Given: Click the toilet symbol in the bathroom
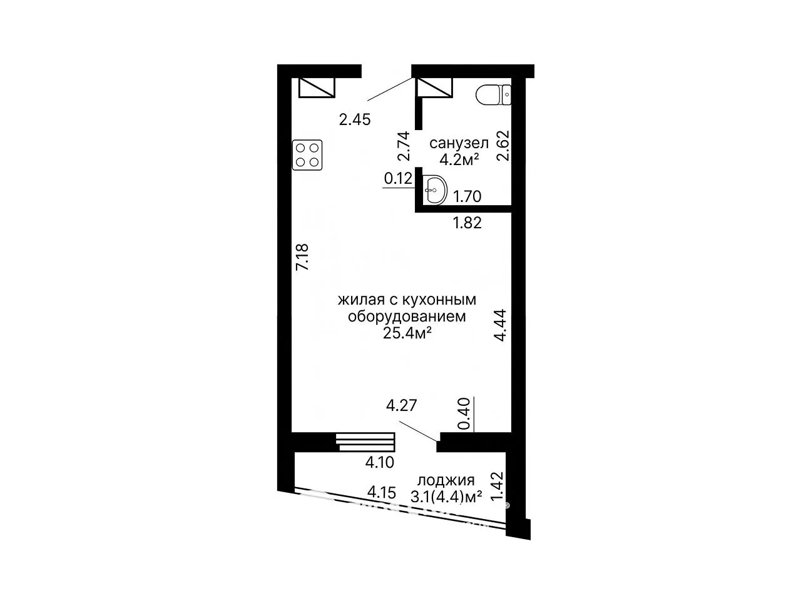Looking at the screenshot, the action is click(493, 95).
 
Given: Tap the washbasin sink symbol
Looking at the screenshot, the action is click(435, 189).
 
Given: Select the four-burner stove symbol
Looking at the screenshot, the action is click(307, 155).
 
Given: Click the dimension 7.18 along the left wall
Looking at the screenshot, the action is click(302, 257).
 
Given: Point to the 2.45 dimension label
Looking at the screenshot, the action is click(355, 119).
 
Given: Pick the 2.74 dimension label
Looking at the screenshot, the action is click(404, 146).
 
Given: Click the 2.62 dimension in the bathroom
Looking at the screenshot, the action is click(503, 146).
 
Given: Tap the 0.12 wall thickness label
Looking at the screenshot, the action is click(398, 178).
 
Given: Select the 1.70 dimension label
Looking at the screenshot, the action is click(467, 196).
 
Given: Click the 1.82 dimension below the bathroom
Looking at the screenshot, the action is click(467, 223).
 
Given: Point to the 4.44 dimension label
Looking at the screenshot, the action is click(500, 325).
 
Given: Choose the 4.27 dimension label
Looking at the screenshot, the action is click(401, 405).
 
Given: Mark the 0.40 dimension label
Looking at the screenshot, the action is click(464, 413).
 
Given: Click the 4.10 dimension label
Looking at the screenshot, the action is click(380, 462).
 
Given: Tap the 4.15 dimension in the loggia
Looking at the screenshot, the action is click(381, 493).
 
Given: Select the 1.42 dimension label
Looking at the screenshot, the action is click(497, 487).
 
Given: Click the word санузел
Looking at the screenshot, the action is click(459, 143).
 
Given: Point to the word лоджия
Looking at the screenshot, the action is click(446, 481).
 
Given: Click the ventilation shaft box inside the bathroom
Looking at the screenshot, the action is click(435, 88).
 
